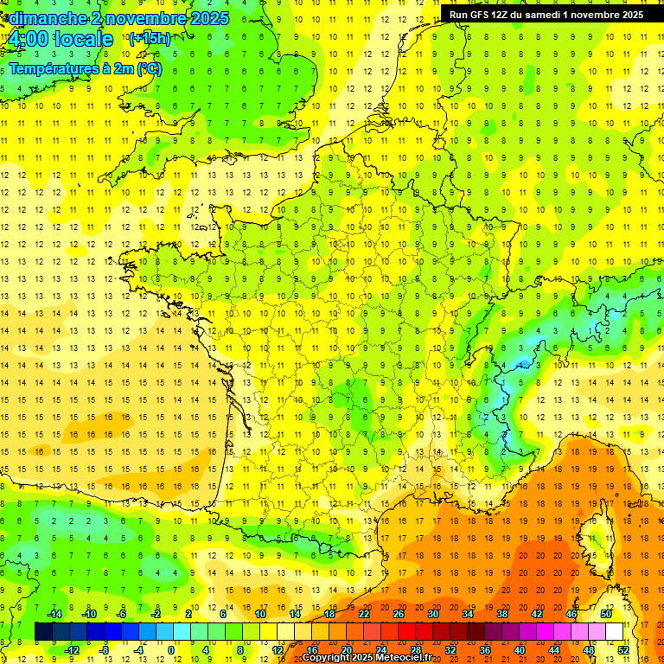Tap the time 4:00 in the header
tap(29, 39)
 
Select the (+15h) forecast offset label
tap(150, 38)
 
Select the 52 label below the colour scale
tap(623, 649)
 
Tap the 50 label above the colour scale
tap(606, 614)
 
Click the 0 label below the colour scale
tap(171, 649)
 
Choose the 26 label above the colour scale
tap(399, 614)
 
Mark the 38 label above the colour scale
tap(502, 614)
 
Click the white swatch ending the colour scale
tap(615, 631)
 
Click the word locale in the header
tap(83, 39)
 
